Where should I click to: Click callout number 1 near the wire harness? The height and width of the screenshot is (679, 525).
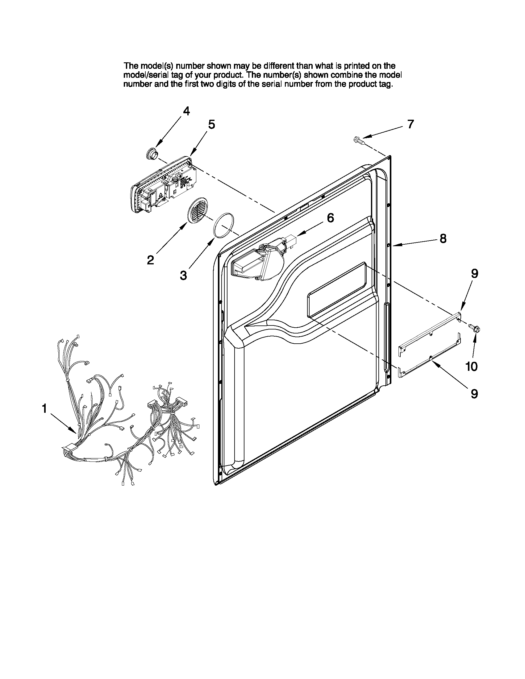point(44,408)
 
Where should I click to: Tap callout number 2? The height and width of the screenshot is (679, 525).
point(150,259)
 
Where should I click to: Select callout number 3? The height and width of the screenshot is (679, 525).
point(184,275)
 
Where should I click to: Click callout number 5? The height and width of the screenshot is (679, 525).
point(211,124)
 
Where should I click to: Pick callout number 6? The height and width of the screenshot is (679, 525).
point(330,217)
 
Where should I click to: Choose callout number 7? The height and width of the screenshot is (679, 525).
point(410,124)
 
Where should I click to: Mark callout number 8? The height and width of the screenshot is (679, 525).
point(443,238)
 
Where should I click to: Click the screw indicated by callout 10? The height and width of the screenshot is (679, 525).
point(474,327)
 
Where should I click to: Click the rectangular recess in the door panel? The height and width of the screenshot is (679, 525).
point(336,291)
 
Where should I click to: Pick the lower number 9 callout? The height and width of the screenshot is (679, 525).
point(474,394)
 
